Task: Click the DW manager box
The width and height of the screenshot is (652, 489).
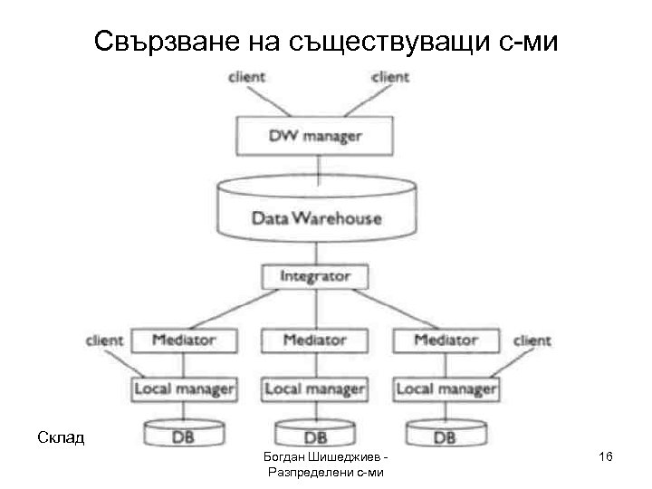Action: pyautogui.click(x=314, y=137)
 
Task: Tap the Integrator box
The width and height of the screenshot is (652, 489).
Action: pyautogui.click(x=314, y=275)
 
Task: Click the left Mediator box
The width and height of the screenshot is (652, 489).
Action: pyautogui.click(x=184, y=340)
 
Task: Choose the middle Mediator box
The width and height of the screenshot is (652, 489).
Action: pyautogui.click(x=314, y=340)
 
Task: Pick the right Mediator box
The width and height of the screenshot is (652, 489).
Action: pyautogui.click(x=446, y=340)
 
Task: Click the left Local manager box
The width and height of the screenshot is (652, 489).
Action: pyautogui.click(x=184, y=389)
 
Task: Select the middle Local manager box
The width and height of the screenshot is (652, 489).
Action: pyautogui.click(x=314, y=389)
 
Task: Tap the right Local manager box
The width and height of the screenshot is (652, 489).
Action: pyautogui.click(x=446, y=389)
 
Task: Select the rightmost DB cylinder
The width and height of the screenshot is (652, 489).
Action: pyautogui.click(x=446, y=436)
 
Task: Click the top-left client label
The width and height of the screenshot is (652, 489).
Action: pyautogui.click(x=246, y=77)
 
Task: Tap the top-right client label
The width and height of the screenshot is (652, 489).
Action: pyautogui.click(x=390, y=77)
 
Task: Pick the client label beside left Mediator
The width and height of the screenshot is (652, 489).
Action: pyautogui.click(x=104, y=341)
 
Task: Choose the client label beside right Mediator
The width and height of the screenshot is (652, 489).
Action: pyautogui.click(x=532, y=341)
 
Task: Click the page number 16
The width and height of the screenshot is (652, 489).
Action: pyautogui.click(x=606, y=460)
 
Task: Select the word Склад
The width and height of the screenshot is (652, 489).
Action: pyautogui.click(x=61, y=438)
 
